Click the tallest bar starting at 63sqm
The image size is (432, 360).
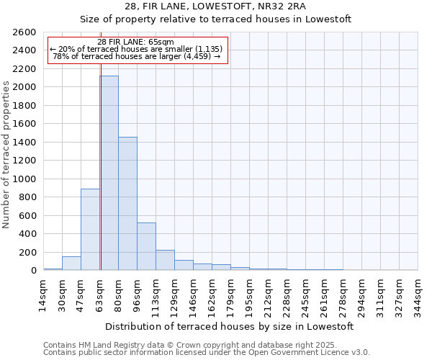[109, 173]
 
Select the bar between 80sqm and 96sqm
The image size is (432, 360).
[127, 204]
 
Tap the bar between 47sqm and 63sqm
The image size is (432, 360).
[90, 229]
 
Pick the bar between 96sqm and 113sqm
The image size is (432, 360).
[146, 246]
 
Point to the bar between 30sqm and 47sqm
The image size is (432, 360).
[71, 264]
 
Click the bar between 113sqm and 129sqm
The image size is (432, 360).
[165, 260]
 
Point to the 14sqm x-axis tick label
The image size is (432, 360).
[43, 293]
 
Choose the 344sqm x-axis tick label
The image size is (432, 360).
[418, 293]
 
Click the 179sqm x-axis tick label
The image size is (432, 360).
[230, 293]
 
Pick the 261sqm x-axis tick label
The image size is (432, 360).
[324, 293]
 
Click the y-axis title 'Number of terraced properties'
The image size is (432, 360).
[6, 155]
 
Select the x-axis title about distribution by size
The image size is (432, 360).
[230, 326]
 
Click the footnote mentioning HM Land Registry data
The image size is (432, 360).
[206, 345]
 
